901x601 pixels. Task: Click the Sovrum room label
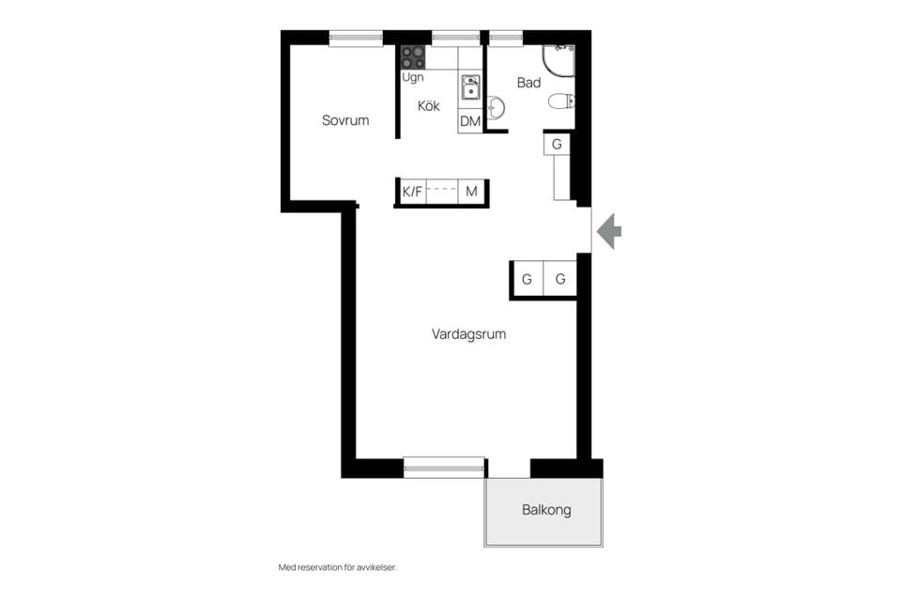point(344,120)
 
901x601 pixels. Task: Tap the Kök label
point(429,106)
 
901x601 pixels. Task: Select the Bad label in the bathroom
point(528,83)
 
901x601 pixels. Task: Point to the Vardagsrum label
point(468,334)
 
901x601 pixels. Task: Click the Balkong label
point(546,510)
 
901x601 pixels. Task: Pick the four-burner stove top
point(413,57)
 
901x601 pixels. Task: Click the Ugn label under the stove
point(413,77)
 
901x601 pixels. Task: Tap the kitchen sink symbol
point(470,86)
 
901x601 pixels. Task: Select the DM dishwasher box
point(470,121)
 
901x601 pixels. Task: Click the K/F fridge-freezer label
point(412,192)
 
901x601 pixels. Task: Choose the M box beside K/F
point(472,192)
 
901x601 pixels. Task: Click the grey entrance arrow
point(608,231)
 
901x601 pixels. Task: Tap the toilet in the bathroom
point(561,101)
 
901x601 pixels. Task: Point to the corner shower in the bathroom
point(558,61)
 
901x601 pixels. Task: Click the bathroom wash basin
point(496,107)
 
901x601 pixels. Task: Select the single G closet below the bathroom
point(557,144)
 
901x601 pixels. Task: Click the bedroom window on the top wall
point(356,38)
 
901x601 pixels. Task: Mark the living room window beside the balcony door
point(444,467)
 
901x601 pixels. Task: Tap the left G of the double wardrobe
point(527,280)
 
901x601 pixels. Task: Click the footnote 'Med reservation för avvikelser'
point(337,567)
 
